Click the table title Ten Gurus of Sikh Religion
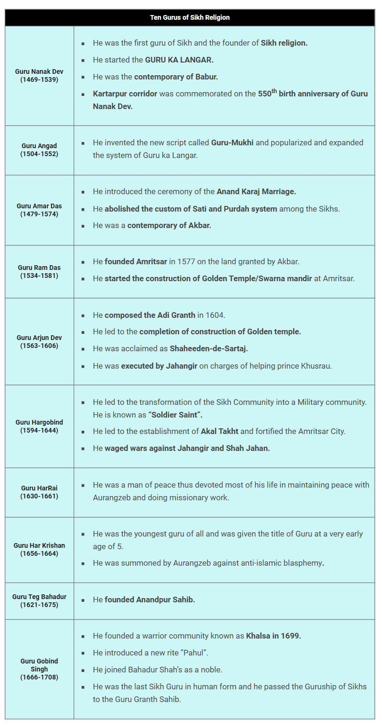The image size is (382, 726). [190, 17]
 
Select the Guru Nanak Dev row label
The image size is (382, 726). [39, 76]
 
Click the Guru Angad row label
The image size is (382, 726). [39, 150]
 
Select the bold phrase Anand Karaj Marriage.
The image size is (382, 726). [256, 191]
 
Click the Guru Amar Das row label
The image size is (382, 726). [39, 210]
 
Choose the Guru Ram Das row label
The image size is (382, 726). [39, 271]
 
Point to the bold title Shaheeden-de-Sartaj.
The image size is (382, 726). [209, 349]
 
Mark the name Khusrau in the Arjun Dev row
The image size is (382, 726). [316, 366]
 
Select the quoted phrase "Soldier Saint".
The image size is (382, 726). [175, 415]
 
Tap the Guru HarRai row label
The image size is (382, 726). [39, 492]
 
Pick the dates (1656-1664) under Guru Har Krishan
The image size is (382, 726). [39, 553]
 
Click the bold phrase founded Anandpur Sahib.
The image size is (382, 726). [150, 600]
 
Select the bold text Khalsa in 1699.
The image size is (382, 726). [273, 636]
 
